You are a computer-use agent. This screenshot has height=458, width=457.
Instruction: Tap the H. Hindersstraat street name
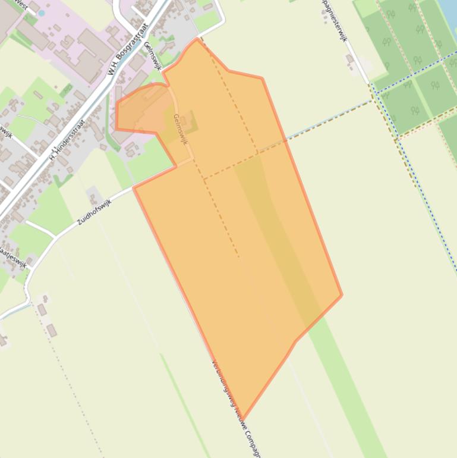click(68, 140)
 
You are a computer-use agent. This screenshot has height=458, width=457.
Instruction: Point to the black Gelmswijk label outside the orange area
click(152, 56)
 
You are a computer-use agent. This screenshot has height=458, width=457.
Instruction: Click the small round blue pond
click(41, 12)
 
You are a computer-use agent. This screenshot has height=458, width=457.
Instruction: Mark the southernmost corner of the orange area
click(242, 420)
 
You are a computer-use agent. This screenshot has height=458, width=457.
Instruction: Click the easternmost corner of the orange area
click(342, 294)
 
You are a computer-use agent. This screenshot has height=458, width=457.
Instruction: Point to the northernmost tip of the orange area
click(197, 39)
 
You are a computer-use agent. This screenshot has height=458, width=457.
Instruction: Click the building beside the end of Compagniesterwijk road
click(350, 59)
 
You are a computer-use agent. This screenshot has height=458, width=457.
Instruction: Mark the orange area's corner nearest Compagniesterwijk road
click(261, 78)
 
